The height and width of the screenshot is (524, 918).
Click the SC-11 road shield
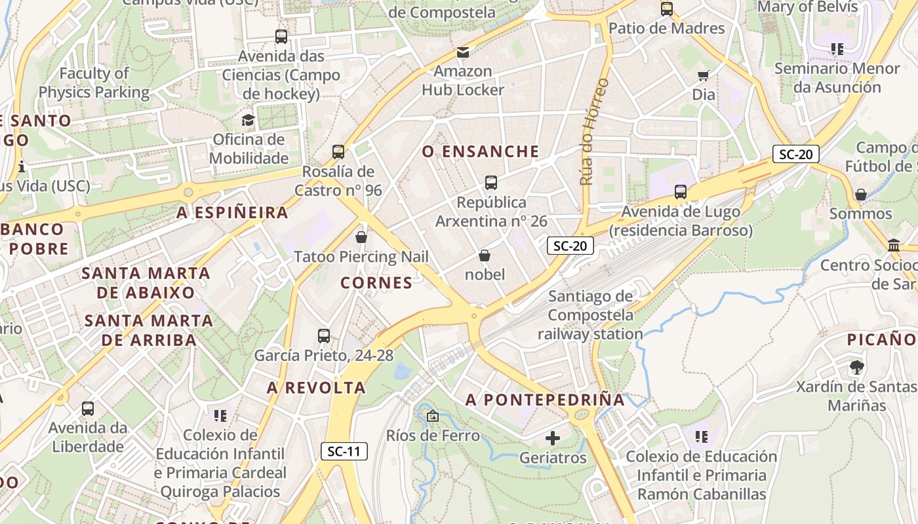344,451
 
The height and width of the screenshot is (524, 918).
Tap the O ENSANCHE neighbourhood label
481,152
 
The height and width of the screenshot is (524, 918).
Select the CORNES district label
376,283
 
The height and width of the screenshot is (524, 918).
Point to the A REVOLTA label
316,388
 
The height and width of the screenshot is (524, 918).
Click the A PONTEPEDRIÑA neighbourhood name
545,400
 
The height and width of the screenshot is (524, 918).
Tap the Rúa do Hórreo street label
593,131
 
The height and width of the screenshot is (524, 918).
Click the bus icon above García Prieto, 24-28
324,336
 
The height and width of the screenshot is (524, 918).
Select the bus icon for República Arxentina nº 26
491,183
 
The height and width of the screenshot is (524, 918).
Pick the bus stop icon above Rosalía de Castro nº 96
338,152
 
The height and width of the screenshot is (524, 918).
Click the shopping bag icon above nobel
485,255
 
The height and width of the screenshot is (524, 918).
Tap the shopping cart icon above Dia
704,75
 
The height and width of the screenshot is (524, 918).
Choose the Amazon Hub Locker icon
463,52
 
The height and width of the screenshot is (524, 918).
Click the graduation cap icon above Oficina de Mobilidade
248,120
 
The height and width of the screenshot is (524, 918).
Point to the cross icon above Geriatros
553,438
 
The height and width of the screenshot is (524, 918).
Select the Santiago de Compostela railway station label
590,315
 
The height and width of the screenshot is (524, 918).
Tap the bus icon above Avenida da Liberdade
88,409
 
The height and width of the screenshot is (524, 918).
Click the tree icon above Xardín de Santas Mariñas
856,367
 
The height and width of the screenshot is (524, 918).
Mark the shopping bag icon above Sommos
860,195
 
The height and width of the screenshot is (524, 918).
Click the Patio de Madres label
667,28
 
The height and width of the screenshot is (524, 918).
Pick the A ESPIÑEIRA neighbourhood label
233,213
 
